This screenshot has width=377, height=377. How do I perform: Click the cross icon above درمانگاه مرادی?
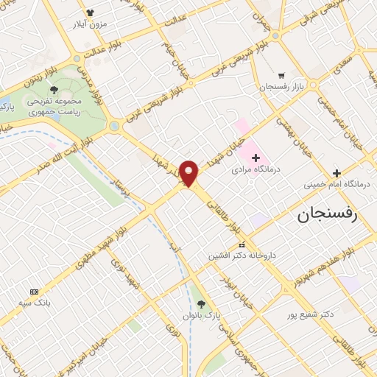[256, 157]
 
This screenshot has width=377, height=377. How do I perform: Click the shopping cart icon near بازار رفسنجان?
[281, 75]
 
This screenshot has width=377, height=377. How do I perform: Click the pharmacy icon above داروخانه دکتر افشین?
[240, 244]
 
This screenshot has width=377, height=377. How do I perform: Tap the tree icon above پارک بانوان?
[202, 303]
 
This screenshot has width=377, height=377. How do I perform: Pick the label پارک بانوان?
[202, 315]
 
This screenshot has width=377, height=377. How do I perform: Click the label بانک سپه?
[35, 303]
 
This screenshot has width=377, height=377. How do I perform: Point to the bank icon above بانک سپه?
[34, 292]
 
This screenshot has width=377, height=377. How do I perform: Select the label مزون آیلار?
[91, 24]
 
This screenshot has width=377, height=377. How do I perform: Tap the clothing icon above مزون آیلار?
[91, 13]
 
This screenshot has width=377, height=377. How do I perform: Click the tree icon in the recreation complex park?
[54, 89]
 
